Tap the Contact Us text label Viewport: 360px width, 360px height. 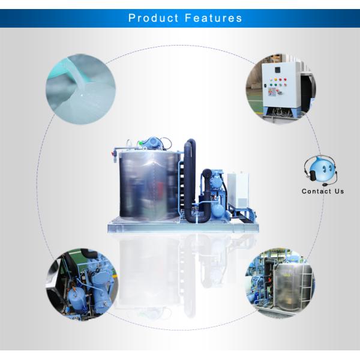point(323,191)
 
